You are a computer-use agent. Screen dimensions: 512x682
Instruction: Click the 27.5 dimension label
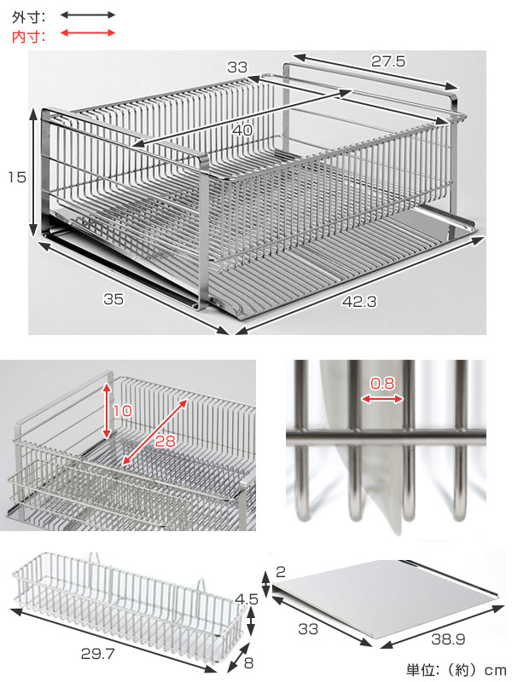pyautogui.click(x=388, y=61)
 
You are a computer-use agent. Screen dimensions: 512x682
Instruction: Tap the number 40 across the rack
pyautogui.click(x=242, y=130)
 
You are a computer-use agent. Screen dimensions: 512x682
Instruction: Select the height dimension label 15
pyautogui.click(x=17, y=177)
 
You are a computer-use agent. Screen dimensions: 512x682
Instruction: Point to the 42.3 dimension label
pyautogui.click(x=358, y=302)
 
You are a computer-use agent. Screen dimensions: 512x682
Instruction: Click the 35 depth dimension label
pyautogui.click(x=113, y=299)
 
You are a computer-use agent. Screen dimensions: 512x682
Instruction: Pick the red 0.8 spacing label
pyautogui.click(x=382, y=383)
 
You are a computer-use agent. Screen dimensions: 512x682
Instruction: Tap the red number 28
pyautogui.click(x=165, y=441)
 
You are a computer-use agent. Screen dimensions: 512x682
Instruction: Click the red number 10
pyautogui.click(x=122, y=410)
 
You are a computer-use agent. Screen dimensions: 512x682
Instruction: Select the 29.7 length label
pyautogui.click(x=97, y=653)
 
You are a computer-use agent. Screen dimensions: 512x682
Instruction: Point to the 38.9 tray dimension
pyautogui.click(x=448, y=639)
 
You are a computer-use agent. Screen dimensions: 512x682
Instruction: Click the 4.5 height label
pyautogui.click(x=247, y=599)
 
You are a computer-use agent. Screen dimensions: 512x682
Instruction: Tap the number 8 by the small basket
pyautogui.click(x=248, y=663)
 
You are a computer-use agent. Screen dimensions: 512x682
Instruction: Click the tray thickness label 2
pyautogui.click(x=281, y=571)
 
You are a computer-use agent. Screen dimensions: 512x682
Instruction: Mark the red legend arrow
pyautogui.click(x=88, y=32)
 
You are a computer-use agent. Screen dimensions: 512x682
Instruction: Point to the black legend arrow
pyautogui.click(x=88, y=15)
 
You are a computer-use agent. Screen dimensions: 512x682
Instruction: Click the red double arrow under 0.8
pyautogui.click(x=382, y=399)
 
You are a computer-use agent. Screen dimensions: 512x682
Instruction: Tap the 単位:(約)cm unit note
pyautogui.click(x=456, y=670)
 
